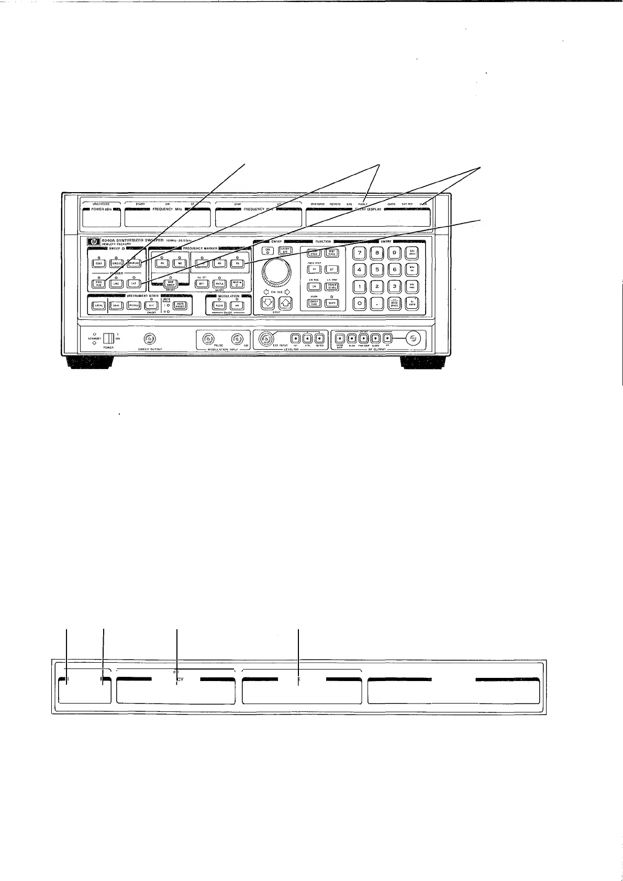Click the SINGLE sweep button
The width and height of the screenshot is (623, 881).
point(116,263)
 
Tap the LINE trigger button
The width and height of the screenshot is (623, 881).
point(116,283)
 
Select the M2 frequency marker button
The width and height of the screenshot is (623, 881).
point(180,264)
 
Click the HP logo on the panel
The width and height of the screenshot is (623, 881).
point(94,242)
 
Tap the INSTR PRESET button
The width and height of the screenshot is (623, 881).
point(180,306)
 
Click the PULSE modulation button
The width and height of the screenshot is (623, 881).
point(219,306)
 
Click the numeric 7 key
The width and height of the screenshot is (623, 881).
point(360,253)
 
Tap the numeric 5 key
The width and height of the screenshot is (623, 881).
point(377,270)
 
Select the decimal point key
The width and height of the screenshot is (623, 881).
point(377,304)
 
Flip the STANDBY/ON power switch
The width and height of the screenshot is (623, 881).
point(108,338)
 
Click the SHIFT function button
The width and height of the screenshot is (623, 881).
point(331,303)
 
